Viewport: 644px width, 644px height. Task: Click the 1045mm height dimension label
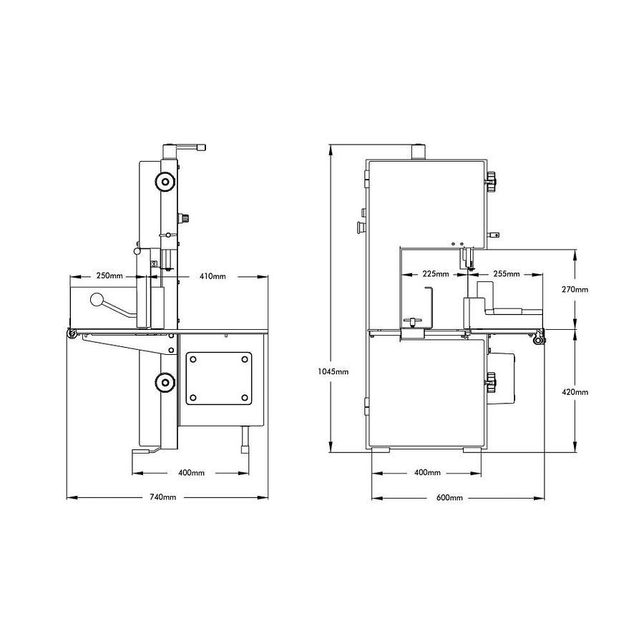333,371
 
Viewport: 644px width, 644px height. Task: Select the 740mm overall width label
162,497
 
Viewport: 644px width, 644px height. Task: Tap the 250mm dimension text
109,275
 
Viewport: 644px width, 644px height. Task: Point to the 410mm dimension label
213,276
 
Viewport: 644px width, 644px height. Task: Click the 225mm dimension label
436,273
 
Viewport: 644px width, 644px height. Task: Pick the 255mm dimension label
507,273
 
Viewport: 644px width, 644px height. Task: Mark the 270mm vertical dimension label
575,290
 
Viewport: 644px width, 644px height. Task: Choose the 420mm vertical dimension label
575,392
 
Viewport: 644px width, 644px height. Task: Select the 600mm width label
449,497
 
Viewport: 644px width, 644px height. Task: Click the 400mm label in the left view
191,473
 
